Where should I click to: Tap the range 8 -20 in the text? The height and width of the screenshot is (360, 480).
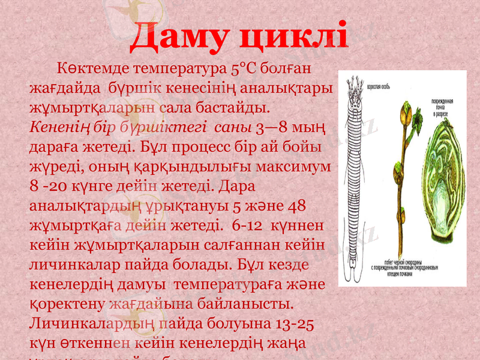52,186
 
